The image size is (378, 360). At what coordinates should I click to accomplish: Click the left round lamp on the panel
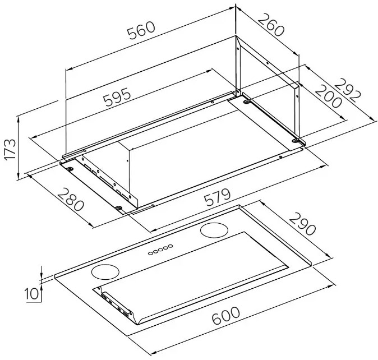click(105, 272)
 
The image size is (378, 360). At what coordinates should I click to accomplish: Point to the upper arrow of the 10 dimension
click(42, 270)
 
